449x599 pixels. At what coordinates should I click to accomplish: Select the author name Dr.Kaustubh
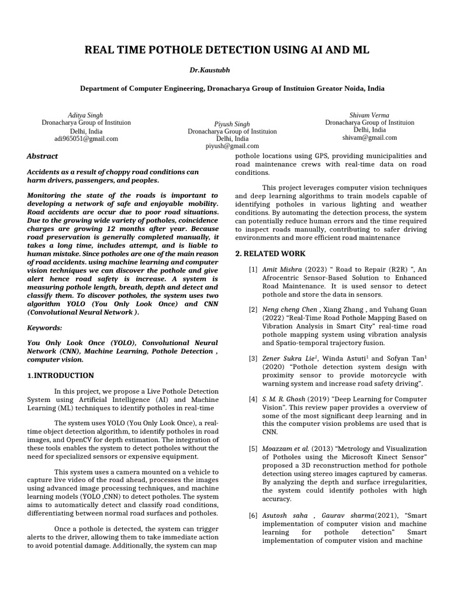(209, 70)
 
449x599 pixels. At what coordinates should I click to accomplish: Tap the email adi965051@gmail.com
(86, 139)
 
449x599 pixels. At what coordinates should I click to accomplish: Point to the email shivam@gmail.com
(369, 138)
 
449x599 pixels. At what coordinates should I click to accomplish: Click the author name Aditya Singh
(85, 115)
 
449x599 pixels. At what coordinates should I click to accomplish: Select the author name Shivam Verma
(369, 115)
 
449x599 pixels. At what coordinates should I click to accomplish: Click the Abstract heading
(43, 156)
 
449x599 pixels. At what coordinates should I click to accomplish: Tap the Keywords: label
(44, 329)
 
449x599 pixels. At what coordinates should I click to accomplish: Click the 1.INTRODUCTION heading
(61, 375)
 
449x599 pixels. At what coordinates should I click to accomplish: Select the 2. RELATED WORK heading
(270, 254)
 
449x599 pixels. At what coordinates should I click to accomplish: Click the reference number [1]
(253, 269)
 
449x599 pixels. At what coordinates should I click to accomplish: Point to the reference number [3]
(253, 358)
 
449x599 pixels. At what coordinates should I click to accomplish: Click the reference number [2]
(253, 309)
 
